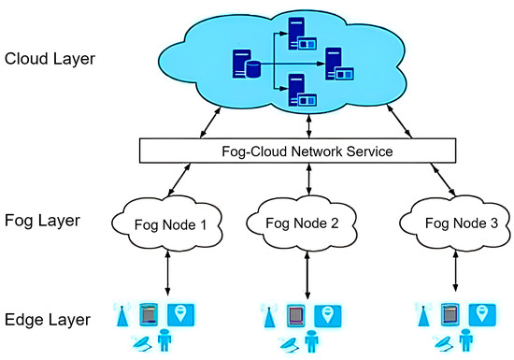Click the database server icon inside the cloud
246,66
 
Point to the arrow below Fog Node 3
455,273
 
